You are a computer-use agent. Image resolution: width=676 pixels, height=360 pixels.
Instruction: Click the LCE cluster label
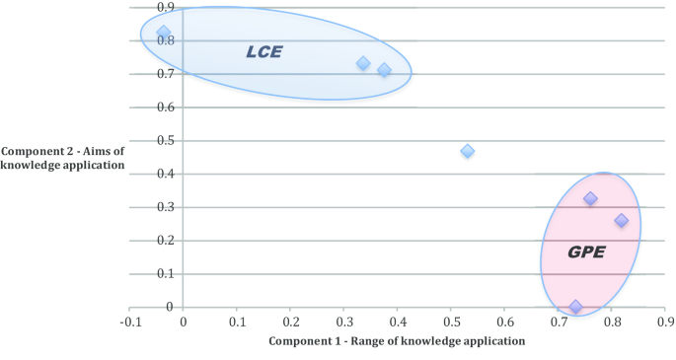coord(263,51)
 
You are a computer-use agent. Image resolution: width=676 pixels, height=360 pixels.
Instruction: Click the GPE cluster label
coord(585,252)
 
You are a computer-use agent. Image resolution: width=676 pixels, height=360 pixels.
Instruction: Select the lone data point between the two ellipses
coord(468,151)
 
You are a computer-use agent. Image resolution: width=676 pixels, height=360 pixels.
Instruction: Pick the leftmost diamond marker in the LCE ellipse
coord(164,34)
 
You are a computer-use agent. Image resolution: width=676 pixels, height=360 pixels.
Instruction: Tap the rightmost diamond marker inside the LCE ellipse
coord(384,70)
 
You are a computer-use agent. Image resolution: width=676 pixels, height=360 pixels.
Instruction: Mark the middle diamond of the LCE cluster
coord(363,63)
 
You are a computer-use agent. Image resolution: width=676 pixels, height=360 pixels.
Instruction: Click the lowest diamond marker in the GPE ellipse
coord(575,307)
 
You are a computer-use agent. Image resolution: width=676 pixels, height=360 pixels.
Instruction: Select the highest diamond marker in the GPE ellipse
coord(590,198)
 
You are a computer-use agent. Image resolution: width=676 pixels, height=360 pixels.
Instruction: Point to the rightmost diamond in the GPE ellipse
coord(621,220)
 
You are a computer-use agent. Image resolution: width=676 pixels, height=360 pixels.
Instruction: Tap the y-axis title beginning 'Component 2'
coord(64,158)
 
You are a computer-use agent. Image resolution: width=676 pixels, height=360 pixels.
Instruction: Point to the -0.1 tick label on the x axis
coord(129,322)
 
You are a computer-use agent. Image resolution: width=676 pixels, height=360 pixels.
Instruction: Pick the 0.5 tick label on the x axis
coord(451,322)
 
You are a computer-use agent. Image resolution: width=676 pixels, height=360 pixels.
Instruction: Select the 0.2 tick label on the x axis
coord(290,322)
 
